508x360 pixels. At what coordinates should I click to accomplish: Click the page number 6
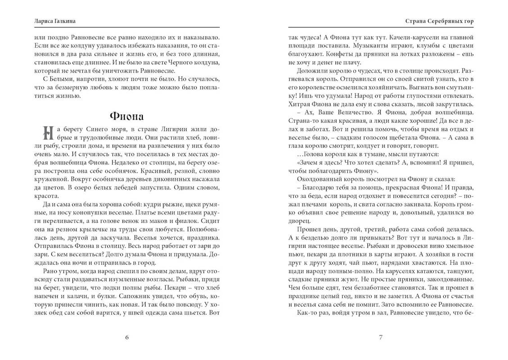click(x=127, y=337)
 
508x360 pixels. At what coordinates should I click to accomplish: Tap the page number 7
click(x=381, y=337)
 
